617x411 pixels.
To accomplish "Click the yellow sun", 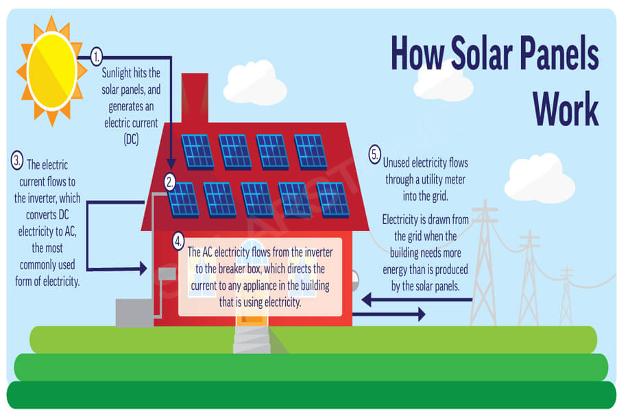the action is pos(51,71).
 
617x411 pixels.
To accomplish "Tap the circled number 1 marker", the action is pos(97,57).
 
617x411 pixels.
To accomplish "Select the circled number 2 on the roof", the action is pos(170,182).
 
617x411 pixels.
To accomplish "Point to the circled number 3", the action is pos(17,160).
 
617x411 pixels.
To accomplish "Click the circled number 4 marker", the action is pos(178,241).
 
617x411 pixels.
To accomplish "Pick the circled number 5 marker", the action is pos(374,154).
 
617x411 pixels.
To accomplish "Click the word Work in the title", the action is pos(566,108).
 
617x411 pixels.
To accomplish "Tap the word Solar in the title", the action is pos(483,53).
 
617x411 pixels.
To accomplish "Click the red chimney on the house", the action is pos(195,99).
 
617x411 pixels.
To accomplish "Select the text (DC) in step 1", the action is pos(131,139).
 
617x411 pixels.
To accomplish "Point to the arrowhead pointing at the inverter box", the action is pos(143,269).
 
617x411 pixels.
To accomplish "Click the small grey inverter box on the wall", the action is pos(167,274).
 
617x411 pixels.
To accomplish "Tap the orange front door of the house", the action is pos(252,318).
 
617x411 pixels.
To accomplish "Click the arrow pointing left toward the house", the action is pos(417,300).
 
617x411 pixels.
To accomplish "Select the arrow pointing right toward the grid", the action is pos(389,314).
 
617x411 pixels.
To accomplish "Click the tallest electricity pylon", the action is pos(485,263).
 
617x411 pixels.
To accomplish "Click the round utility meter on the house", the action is pos(355,281).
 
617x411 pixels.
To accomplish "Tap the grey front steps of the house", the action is pos(252,340).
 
